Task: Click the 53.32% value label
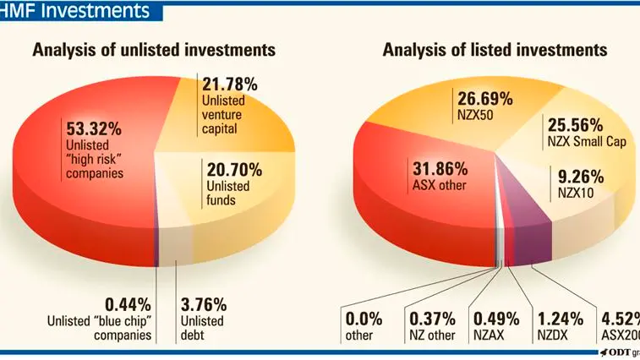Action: point(94,129)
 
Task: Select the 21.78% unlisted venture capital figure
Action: point(230,85)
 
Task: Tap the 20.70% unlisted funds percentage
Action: point(234,170)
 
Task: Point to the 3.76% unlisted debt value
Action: point(204,305)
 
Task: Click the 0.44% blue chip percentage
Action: point(129,305)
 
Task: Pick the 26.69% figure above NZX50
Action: point(485,99)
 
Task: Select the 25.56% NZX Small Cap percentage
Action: point(576,125)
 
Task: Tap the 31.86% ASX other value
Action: point(440,169)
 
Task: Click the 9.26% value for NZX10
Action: point(581,177)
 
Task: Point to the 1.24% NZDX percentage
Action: point(561,319)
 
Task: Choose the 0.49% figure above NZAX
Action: point(496,319)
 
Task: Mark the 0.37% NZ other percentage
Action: point(432,319)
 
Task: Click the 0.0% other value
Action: point(364,319)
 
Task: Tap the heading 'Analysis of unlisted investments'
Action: point(154,50)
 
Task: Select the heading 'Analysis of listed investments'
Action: point(495,50)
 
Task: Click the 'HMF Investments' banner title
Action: point(75,10)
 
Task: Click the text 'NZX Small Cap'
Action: point(587,142)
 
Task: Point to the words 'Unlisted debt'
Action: point(202,328)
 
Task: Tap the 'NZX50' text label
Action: point(475,115)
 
